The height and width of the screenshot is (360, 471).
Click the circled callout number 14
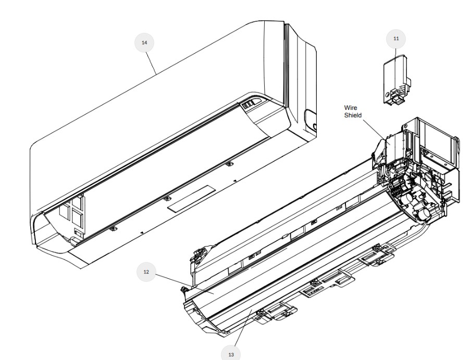144,43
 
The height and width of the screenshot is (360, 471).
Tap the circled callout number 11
396,39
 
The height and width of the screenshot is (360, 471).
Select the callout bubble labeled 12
146,272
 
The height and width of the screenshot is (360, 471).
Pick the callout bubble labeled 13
231,354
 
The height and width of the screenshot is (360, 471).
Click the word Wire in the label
351,107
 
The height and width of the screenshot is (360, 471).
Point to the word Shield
353,115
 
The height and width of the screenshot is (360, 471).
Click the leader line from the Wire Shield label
376,131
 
